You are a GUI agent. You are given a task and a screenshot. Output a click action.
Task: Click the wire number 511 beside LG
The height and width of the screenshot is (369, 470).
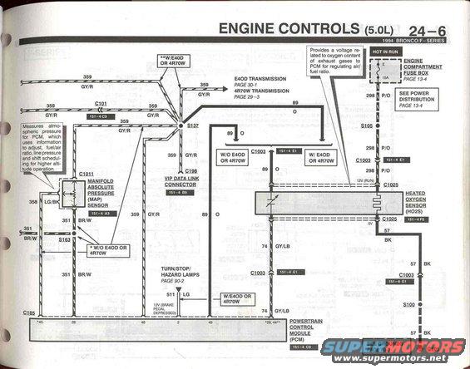[x=170, y=294]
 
